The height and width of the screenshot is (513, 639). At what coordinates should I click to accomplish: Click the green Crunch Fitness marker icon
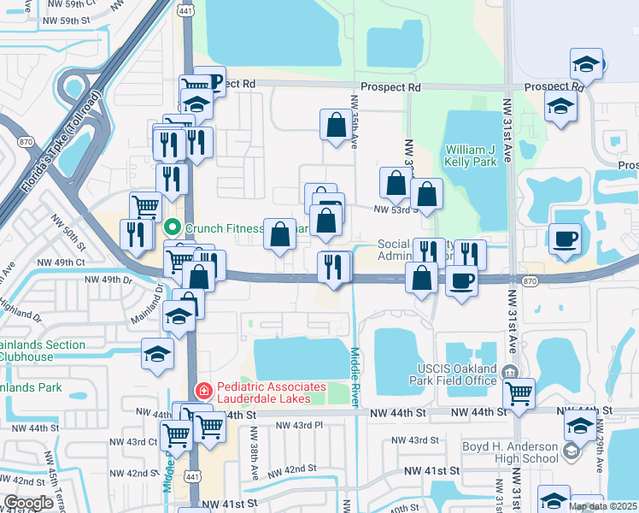point(173,227)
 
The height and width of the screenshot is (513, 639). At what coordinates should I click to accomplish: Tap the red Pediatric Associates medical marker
point(203,392)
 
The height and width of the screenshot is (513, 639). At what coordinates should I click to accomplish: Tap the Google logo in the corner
point(28,503)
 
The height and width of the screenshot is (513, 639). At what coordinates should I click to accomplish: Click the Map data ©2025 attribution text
point(602,506)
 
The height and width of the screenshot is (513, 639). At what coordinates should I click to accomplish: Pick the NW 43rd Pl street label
point(302,425)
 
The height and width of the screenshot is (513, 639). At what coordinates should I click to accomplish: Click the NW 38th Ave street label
point(255,458)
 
